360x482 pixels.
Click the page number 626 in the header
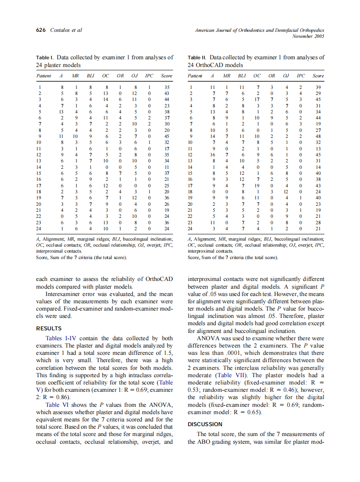(x=41, y=30)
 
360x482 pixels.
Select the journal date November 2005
(x=308, y=37)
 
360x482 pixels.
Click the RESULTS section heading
(x=49, y=329)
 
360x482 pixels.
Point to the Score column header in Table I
(x=166, y=76)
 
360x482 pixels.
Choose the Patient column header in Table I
(x=44, y=76)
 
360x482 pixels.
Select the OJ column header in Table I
(x=134, y=76)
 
